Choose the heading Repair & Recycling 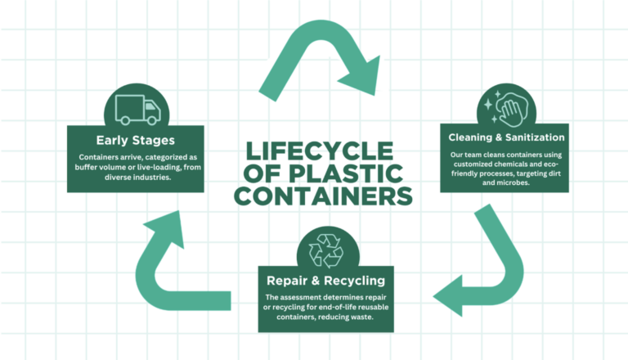click(325, 281)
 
